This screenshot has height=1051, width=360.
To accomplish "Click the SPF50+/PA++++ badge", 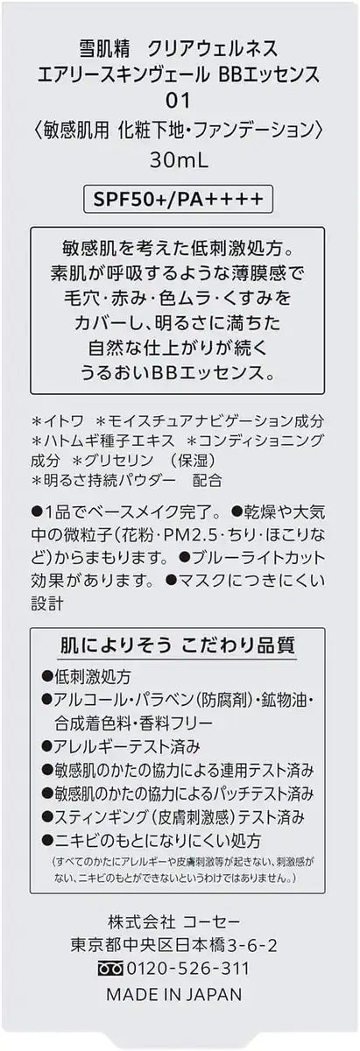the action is tap(178, 200).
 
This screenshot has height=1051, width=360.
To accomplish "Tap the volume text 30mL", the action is tap(179, 161).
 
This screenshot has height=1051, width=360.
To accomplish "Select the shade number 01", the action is tap(179, 101).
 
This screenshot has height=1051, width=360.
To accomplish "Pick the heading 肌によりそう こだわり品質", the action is tap(178, 645).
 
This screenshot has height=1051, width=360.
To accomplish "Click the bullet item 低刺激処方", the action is tap(87, 676).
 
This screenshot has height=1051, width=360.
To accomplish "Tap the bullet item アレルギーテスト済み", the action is tap(121, 746).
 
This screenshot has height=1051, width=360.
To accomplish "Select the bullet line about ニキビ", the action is tap(152, 841).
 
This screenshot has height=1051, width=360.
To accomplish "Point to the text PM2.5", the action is tap(189, 535).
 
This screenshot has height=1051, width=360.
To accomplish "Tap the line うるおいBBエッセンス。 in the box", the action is tap(178, 372).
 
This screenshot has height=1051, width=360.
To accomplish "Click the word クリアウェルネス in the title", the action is tap(213, 48).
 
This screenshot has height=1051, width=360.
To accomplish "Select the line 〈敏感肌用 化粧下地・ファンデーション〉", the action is tap(179, 130).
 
